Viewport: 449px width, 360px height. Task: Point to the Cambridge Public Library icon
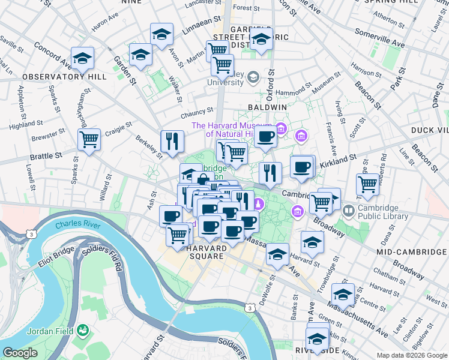click(x=348, y=211)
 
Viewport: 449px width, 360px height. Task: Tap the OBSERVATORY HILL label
click(x=64, y=77)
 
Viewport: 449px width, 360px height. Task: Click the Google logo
click(x=20, y=353)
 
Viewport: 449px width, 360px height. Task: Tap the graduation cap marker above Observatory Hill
click(x=82, y=58)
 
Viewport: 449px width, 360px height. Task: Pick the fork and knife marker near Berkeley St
click(x=172, y=141)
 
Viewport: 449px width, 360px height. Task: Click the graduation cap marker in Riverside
click(x=317, y=338)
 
